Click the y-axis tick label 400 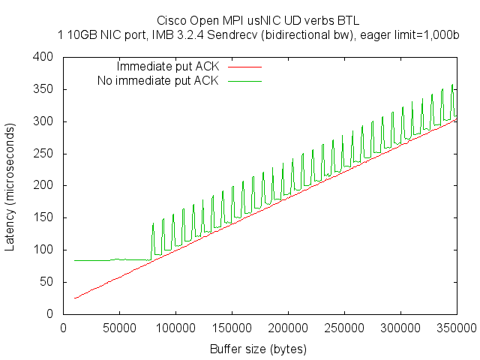tap(42, 57)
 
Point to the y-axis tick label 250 tap(42, 154)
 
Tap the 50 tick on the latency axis tap(45, 283)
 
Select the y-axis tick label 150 tap(42, 218)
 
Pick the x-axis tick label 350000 tap(457, 328)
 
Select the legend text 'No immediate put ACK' tap(158, 80)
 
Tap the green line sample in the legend tap(245, 80)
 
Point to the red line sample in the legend tap(245, 67)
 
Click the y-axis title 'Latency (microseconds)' tap(11, 186)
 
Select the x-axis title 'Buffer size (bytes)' tap(259, 349)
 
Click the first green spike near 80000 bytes tap(153, 224)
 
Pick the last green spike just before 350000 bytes tap(452, 85)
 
